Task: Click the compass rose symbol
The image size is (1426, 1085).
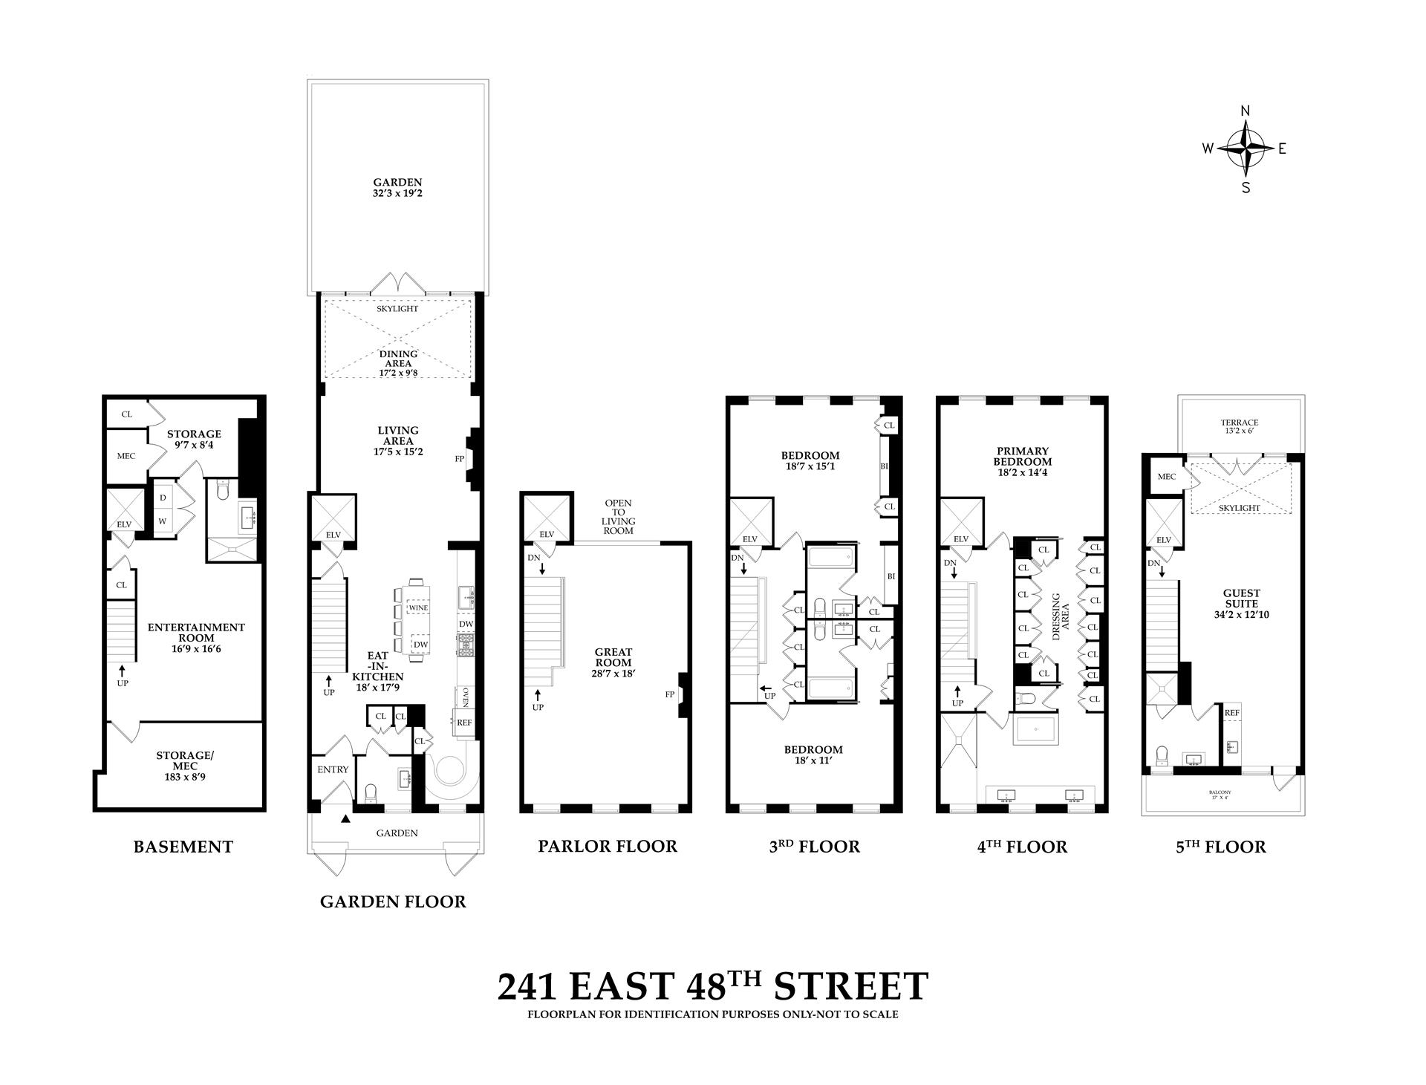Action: pyautogui.click(x=1246, y=148)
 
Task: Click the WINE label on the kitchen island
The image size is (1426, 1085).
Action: pyautogui.click(x=418, y=608)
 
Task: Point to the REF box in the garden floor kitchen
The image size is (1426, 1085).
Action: pyautogui.click(x=464, y=722)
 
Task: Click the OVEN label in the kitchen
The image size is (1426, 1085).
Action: pyautogui.click(x=465, y=697)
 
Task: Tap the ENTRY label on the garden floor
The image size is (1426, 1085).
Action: pyautogui.click(x=332, y=769)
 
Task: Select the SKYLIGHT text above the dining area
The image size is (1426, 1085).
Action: pyautogui.click(x=397, y=309)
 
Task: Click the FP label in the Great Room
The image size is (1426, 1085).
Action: pyautogui.click(x=669, y=694)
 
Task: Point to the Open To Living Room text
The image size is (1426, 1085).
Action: pyautogui.click(x=618, y=517)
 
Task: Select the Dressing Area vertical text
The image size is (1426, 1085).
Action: pyautogui.click(x=1060, y=616)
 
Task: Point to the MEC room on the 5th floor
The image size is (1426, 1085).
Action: pyautogui.click(x=1166, y=477)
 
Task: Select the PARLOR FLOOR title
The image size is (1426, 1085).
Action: pyautogui.click(x=607, y=846)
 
